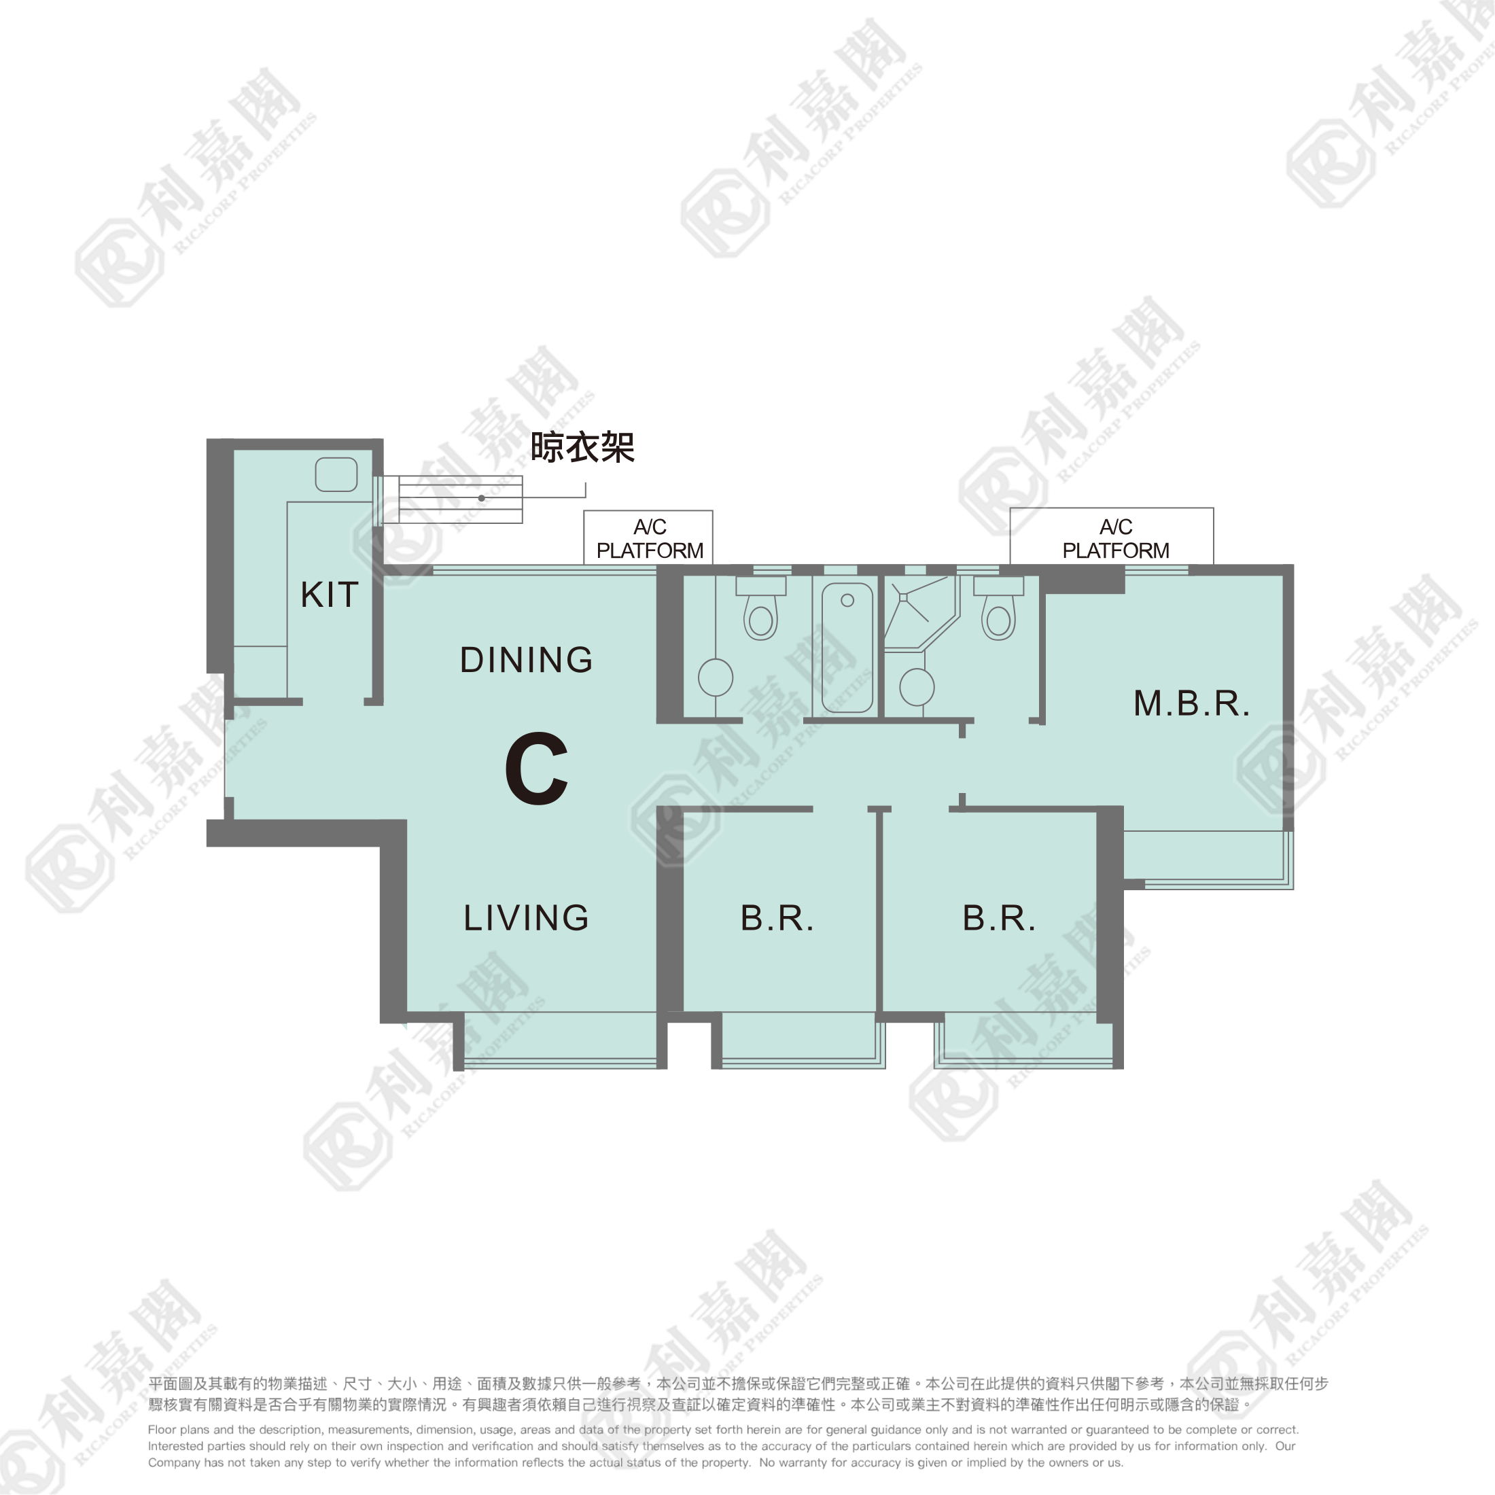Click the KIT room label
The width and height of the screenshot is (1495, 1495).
click(330, 595)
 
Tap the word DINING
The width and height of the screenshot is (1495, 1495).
click(526, 660)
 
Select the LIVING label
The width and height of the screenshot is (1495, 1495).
click(526, 918)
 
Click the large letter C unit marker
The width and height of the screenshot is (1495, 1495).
click(537, 769)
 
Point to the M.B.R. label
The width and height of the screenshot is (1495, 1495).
click(1192, 703)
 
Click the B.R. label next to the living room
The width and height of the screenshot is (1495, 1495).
click(777, 919)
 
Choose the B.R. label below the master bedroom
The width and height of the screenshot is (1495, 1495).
click(999, 919)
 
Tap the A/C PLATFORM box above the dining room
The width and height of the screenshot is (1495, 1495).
click(648, 538)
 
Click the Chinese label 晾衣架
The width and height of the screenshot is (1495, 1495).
click(582, 448)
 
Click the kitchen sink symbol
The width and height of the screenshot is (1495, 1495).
click(336, 474)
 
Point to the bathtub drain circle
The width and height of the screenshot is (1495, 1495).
click(847, 601)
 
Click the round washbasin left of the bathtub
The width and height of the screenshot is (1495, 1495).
click(716, 678)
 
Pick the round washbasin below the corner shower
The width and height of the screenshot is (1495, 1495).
click(917, 687)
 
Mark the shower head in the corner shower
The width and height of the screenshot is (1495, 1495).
click(903, 597)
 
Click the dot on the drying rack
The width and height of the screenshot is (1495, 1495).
click(481, 498)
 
